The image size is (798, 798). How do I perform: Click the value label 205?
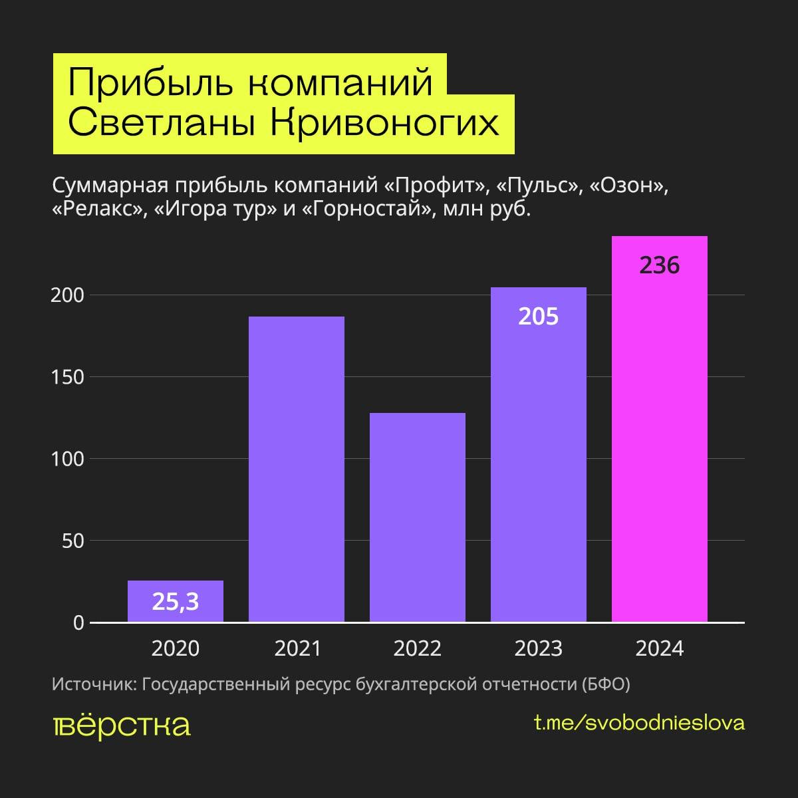click(x=538, y=317)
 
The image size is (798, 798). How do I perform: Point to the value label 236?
click(x=660, y=265)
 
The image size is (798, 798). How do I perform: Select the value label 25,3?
click(x=176, y=602)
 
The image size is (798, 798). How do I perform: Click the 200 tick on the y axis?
click(x=68, y=295)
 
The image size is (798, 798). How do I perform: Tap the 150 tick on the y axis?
click(x=68, y=377)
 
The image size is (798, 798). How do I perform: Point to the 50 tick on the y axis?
click(x=73, y=541)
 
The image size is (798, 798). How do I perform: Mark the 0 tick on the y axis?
click(x=79, y=623)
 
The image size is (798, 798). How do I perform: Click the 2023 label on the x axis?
click(x=538, y=648)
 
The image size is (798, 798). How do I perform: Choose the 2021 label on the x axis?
click(x=297, y=648)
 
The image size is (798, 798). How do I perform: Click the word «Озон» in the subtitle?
click(x=625, y=186)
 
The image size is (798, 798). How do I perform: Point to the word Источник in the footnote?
click(x=92, y=684)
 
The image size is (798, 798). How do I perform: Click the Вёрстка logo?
click(x=122, y=725)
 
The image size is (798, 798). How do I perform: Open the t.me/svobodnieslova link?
click(x=639, y=723)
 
